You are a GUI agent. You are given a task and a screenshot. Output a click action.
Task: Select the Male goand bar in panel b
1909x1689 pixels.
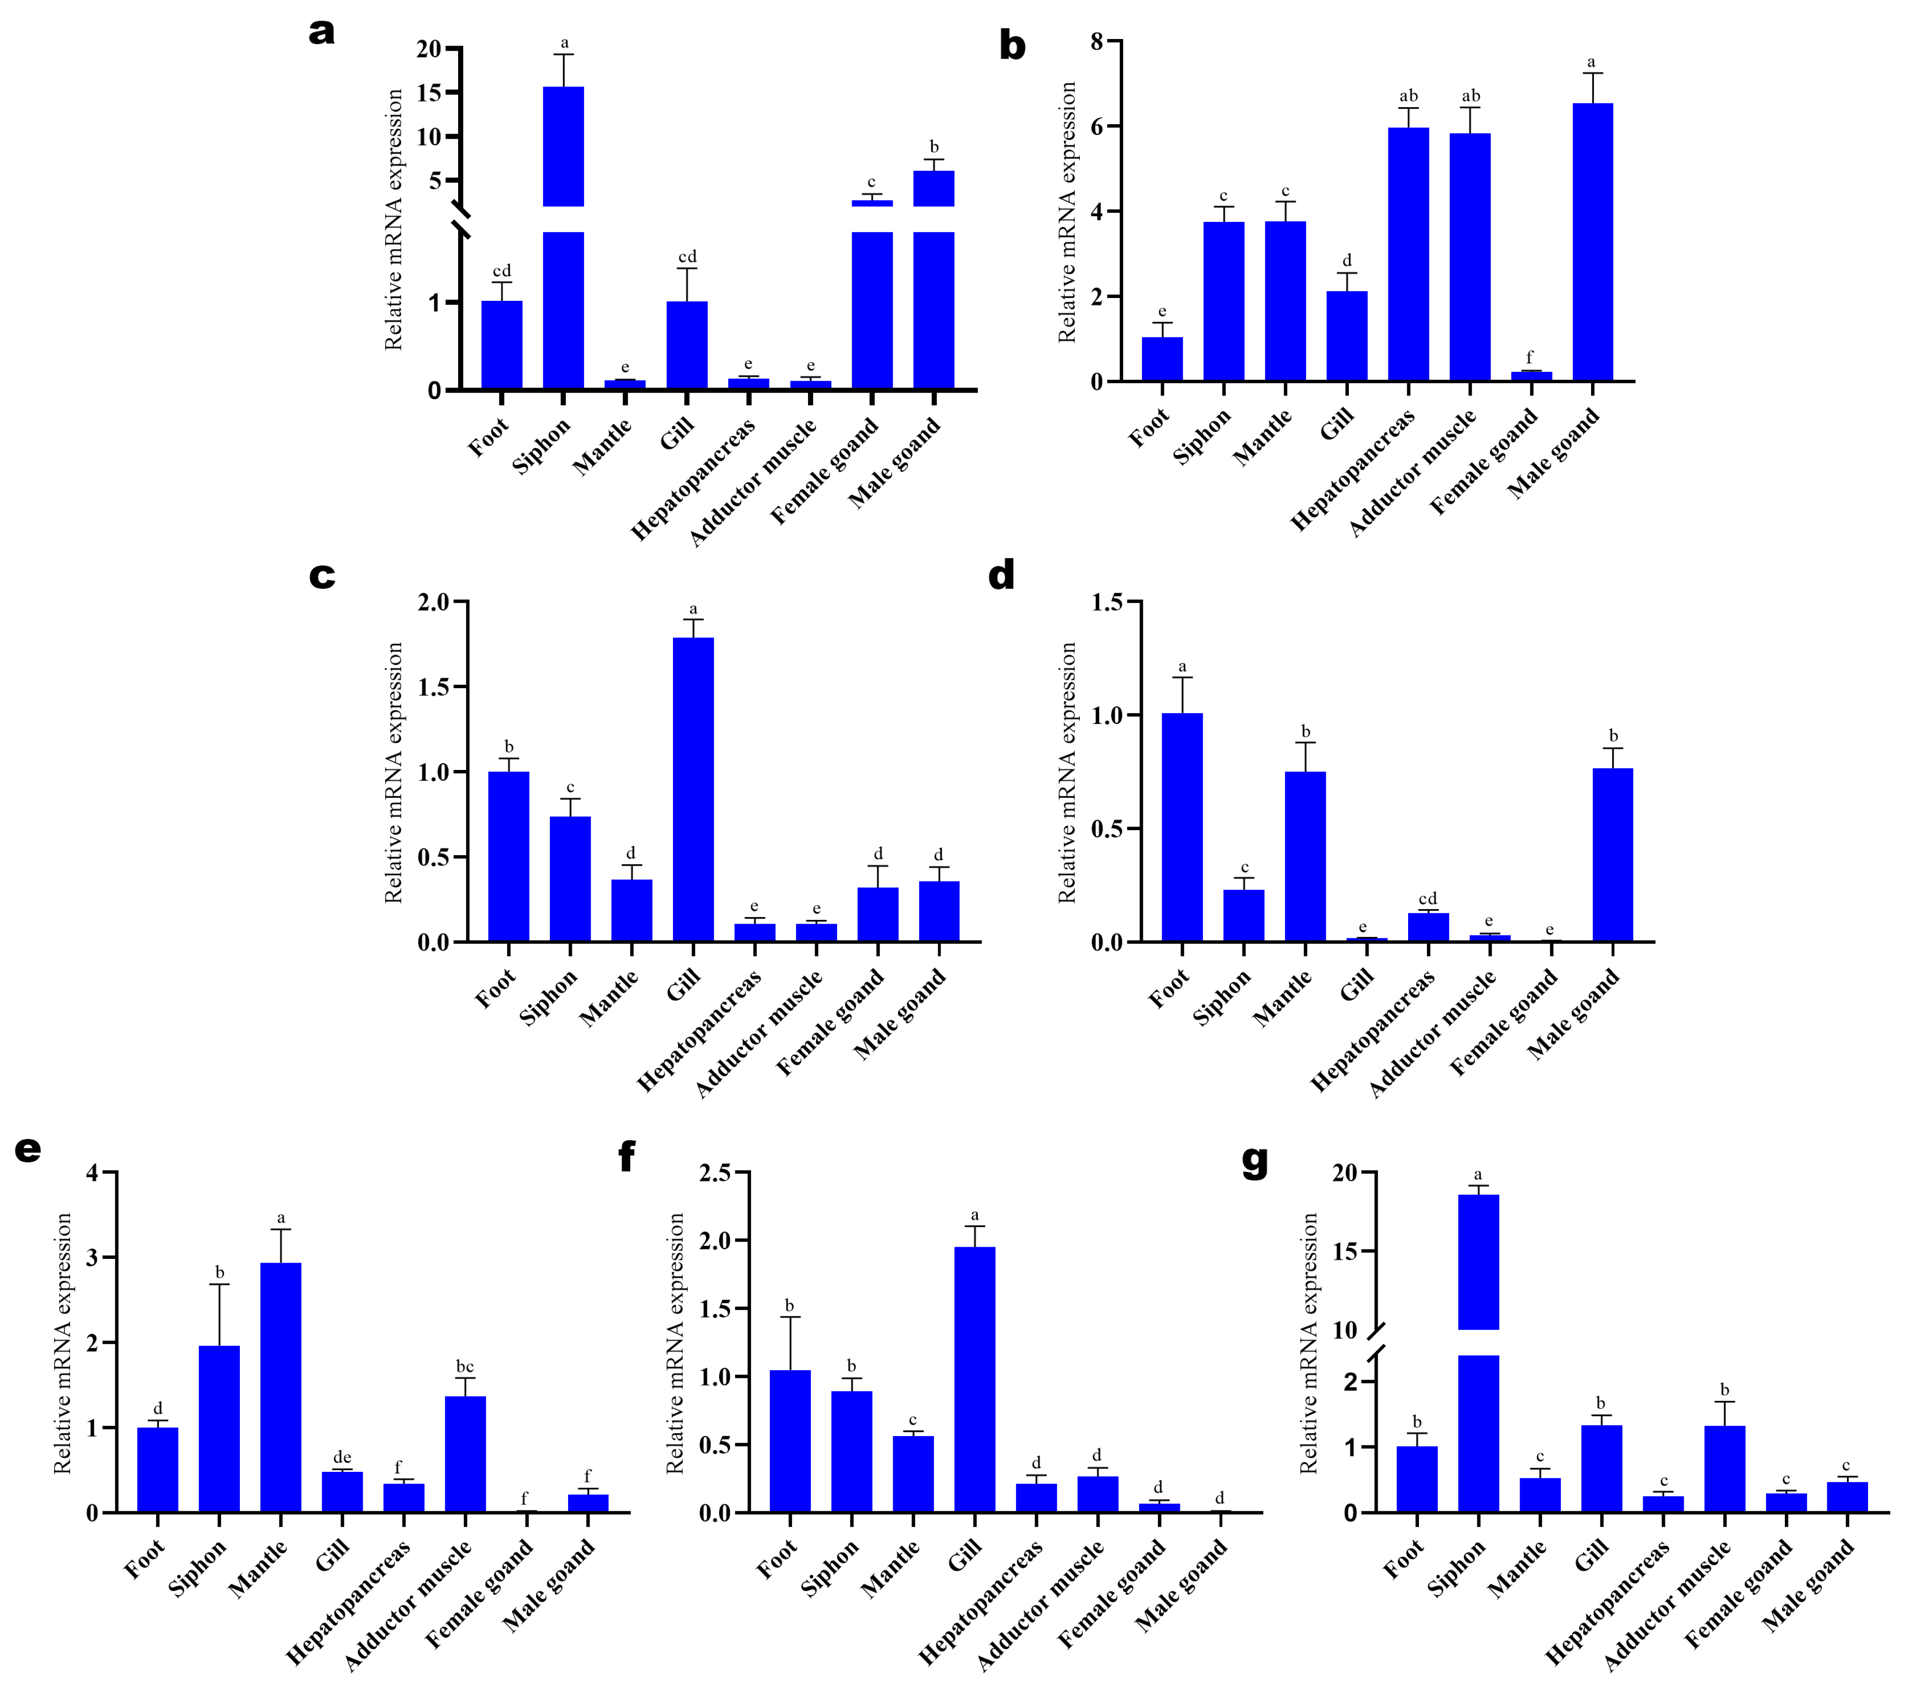tap(1592, 243)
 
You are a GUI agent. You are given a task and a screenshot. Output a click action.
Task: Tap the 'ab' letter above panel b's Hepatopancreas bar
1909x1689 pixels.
tap(1409, 96)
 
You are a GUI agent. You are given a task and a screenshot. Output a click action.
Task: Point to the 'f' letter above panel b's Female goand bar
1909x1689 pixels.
tap(1529, 358)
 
